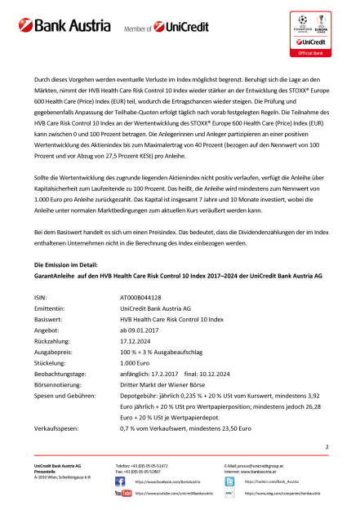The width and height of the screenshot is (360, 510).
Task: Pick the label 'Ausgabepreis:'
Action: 51,378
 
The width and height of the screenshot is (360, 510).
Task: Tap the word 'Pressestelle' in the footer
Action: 47,469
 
